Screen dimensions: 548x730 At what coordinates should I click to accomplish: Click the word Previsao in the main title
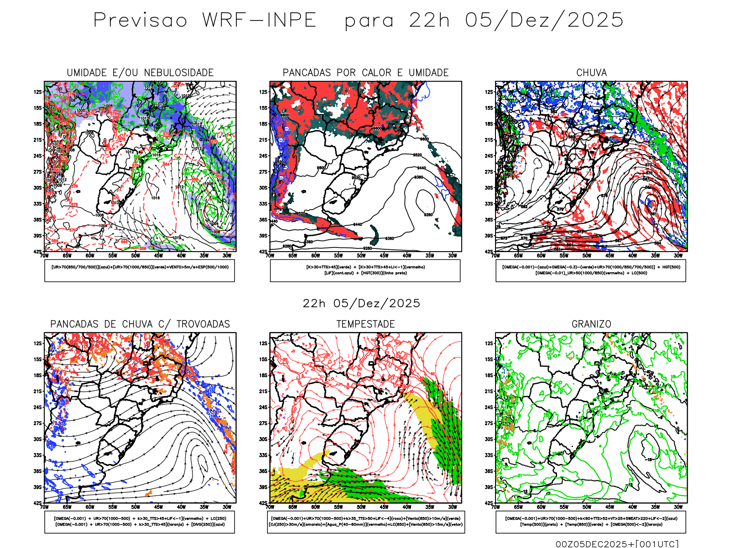coord(140,21)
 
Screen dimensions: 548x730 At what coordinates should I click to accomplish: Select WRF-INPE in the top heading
coord(259,21)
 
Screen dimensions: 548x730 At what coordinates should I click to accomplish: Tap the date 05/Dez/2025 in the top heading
coord(544,21)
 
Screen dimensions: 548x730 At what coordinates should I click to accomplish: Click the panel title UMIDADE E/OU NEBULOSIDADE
coord(140,73)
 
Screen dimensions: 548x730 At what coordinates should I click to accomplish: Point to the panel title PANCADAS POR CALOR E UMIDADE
coord(365,73)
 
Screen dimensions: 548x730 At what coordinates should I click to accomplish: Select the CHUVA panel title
coord(591,73)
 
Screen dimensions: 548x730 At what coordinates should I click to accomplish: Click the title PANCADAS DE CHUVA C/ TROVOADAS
coord(140,324)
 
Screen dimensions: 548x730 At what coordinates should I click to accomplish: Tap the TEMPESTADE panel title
coord(365,324)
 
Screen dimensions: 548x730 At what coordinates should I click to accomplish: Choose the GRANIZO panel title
coord(591,324)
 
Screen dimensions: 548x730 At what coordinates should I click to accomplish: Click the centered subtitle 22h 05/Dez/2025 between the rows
coord(361,303)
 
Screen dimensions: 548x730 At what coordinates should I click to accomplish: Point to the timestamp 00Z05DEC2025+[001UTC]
coord(617,544)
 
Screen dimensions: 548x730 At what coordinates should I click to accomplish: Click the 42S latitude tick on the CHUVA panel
coord(489,252)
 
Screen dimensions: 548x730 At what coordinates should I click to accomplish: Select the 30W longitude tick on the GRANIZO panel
coord(678,507)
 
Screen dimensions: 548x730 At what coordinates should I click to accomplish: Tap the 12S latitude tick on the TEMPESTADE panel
coord(263,343)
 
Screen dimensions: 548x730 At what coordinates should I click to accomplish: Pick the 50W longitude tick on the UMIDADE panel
coord(136,256)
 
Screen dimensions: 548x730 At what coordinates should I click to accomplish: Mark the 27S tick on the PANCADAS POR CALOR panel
coord(263,172)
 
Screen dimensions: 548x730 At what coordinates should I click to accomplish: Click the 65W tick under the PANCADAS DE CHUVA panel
coord(67,507)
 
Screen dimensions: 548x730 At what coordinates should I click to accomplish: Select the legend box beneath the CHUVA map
coord(591,270)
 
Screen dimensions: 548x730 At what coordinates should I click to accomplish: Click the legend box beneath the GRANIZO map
coord(591,522)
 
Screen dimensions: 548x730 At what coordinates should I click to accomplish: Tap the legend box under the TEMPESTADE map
coord(365,522)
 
